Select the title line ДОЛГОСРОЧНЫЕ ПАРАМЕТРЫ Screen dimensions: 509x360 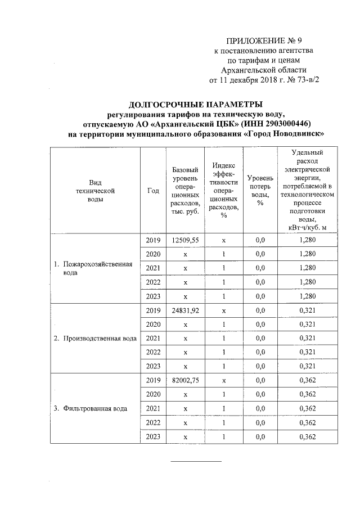tap(195, 104)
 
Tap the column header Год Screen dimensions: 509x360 tap(152, 190)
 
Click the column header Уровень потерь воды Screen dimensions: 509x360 tap(260, 190)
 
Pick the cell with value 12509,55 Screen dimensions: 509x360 tap(186, 240)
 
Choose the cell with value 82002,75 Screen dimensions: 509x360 tap(186, 381)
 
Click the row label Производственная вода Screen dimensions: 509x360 tap(95, 339)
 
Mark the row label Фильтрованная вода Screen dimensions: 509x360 tap(94, 409)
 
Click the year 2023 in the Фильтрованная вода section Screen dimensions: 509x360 tap(152, 437)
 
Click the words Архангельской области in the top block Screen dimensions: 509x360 tap(264, 70)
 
